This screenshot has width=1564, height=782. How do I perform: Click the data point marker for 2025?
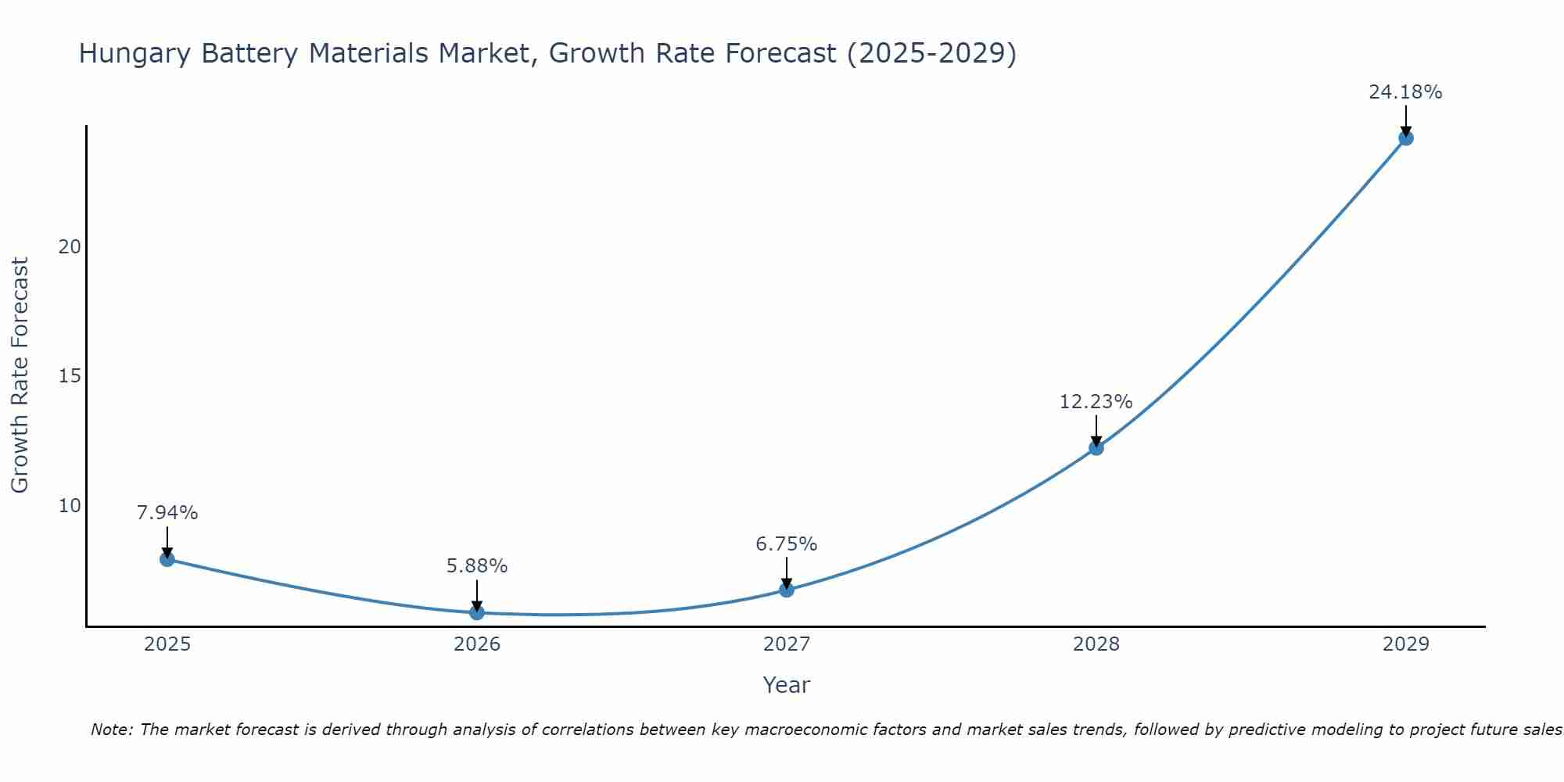pyautogui.click(x=167, y=559)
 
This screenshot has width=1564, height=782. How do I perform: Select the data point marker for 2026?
pyautogui.click(x=477, y=612)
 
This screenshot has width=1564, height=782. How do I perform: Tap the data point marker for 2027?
pyautogui.click(x=787, y=590)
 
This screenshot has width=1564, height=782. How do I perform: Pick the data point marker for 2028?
pyautogui.click(x=1096, y=448)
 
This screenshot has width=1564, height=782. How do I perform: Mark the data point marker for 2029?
pyautogui.click(x=1405, y=138)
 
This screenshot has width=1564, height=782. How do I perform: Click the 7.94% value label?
pyautogui.click(x=167, y=513)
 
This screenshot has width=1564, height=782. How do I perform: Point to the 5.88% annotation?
pyautogui.click(x=477, y=565)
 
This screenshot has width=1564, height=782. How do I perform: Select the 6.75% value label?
pyautogui.click(x=787, y=543)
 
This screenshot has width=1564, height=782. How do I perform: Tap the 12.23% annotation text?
pyautogui.click(x=1096, y=402)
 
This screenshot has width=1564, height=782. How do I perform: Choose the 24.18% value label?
pyautogui.click(x=1405, y=92)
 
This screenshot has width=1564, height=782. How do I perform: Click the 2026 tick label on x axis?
pyautogui.click(x=477, y=644)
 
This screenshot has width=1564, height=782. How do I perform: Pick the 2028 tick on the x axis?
pyautogui.click(x=1096, y=644)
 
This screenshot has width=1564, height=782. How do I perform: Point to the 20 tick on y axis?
pyautogui.click(x=70, y=247)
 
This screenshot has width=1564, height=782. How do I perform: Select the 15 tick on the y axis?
pyautogui.click(x=70, y=376)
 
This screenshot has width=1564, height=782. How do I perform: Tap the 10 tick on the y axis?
pyautogui.click(x=70, y=506)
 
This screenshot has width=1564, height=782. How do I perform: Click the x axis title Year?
pyautogui.click(x=787, y=685)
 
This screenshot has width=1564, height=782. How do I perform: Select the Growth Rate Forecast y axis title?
pyautogui.click(x=20, y=375)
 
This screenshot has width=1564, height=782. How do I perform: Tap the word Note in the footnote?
pyautogui.click(x=113, y=730)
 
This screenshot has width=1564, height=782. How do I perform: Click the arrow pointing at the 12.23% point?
pyautogui.click(x=1096, y=430)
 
